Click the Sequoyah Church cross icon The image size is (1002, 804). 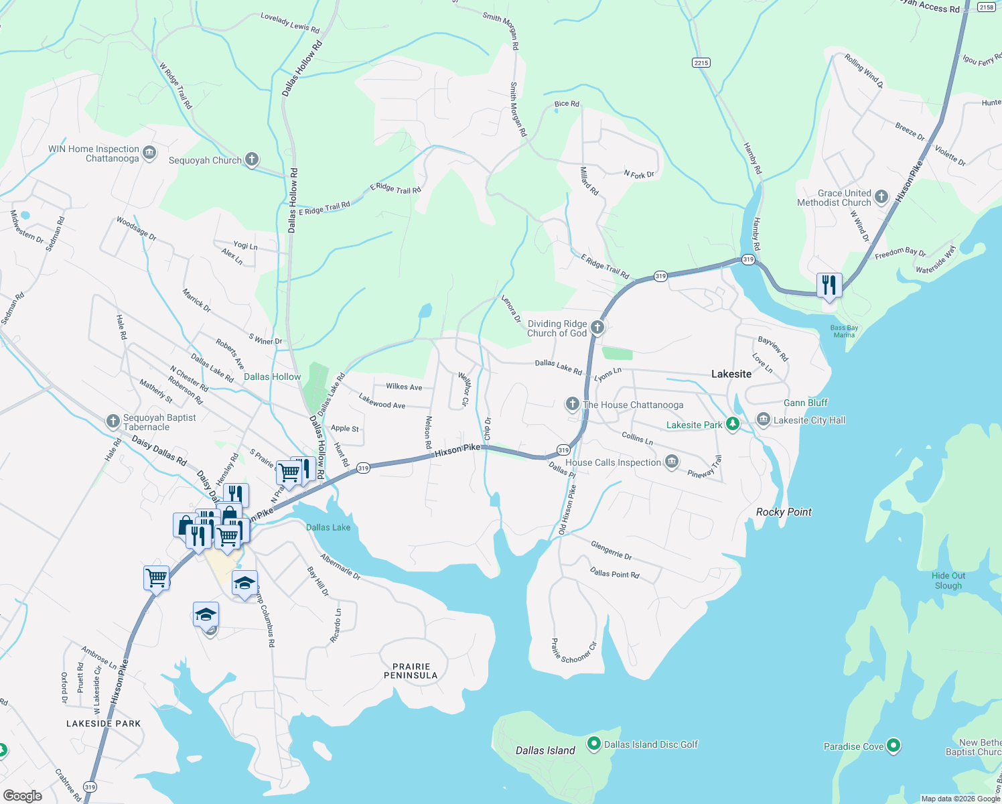[x=252, y=159]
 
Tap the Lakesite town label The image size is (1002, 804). [x=731, y=374]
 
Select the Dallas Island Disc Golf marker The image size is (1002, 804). [x=593, y=744]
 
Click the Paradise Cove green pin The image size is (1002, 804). [x=893, y=746]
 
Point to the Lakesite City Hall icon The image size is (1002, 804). [x=764, y=420]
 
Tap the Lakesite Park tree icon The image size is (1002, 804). [x=733, y=424]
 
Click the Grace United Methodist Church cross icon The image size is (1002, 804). [x=881, y=197]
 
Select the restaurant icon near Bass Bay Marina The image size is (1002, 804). [x=829, y=285]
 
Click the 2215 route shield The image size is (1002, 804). [x=701, y=62]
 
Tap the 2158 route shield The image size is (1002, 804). [x=986, y=7]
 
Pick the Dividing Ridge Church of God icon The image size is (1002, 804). [x=597, y=328]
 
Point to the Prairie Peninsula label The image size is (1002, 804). [x=411, y=671]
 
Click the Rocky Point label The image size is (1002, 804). [x=784, y=512]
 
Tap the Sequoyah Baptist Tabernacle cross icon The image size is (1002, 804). [x=113, y=421]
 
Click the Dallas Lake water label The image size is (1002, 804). [x=328, y=527]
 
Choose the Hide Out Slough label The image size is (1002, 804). [x=948, y=580]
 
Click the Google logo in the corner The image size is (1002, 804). [x=22, y=795]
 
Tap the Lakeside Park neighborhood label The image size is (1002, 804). [x=104, y=724]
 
